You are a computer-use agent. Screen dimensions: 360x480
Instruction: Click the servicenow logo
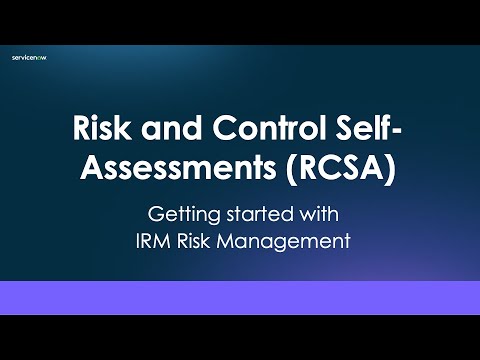tap(29, 58)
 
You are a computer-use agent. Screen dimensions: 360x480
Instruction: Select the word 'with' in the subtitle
tap(313, 213)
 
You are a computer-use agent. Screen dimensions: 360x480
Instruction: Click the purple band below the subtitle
tap(240, 297)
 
